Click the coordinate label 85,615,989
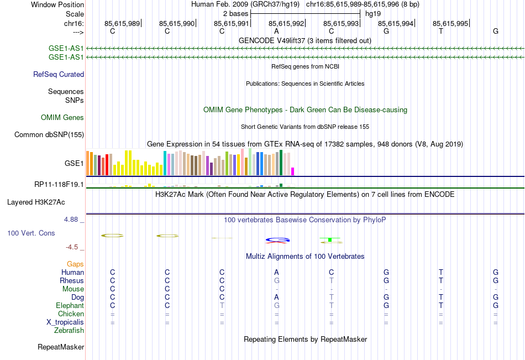pyautogui.click(x=122, y=23)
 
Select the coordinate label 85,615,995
pyautogui.click(x=450, y=23)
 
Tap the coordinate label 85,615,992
pyautogui.click(x=286, y=23)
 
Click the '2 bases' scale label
pyautogui.click(x=236, y=13)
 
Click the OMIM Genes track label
pyautogui.click(x=62, y=117)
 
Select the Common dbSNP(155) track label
pyautogui.click(x=49, y=134)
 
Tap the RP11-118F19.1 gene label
pyautogui.click(x=59, y=185)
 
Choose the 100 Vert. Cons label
pyautogui.click(x=31, y=233)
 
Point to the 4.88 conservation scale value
pyautogui.click(x=73, y=220)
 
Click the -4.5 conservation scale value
pyautogui.click(x=75, y=247)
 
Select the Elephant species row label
pyautogui.click(x=70, y=305)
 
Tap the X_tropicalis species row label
pyautogui.click(x=65, y=322)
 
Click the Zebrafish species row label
pyautogui.click(x=69, y=330)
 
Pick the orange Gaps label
pyautogui.click(x=75, y=264)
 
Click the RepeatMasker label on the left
pyautogui.click(x=61, y=347)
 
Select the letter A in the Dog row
pyautogui.click(x=276, y=297)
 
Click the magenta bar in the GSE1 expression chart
pyautogui.click(x=293, y=171)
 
